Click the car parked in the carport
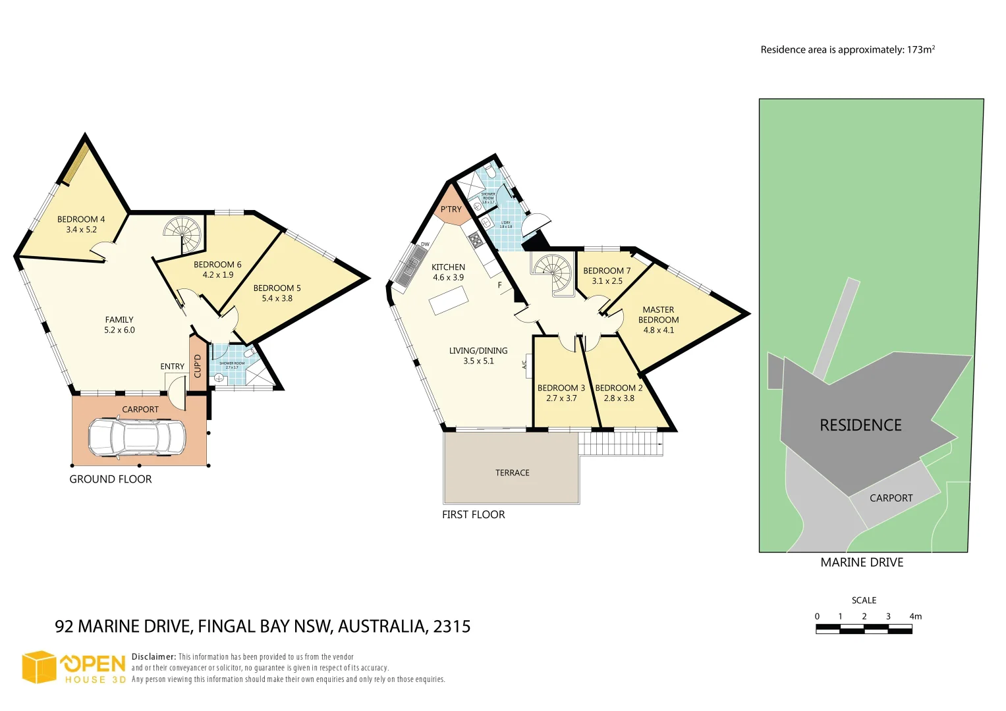click(136, 437)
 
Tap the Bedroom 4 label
click(81, 219)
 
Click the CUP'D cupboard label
click(198, 366)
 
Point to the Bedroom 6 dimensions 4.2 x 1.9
click(217, 275)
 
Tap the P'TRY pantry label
click(451, 209)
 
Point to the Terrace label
click(512, 473)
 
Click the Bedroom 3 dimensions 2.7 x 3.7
click(561, 398)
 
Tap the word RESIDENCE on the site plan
click(860, 425)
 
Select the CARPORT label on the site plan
click(891, 498)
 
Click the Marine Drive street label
click(862, 562)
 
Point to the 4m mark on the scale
click(915, 617)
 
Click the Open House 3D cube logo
click(39, 668)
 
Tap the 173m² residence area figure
click(921, 49)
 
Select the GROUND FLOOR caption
click(111, 479)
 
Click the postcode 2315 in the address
click(452, 626)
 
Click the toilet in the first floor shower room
click(491, 172)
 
